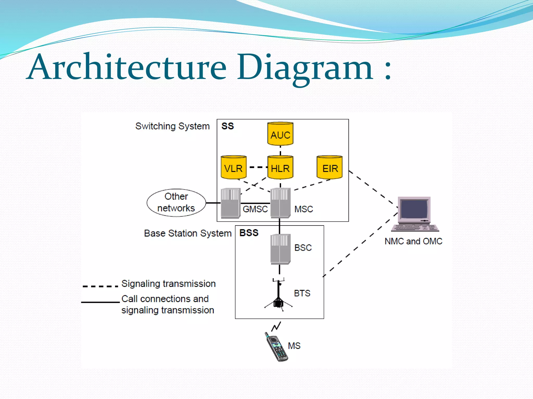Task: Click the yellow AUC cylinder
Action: tap(280, 134)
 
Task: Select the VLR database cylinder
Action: tap(233, 168)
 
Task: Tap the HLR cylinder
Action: tap(280, 168)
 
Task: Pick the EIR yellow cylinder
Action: tap(329, 168)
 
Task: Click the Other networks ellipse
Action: tap(176, 203)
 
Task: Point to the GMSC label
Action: tap(255, 209)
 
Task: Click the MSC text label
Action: tap(303, 209)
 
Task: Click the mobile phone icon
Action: tap(276, 347)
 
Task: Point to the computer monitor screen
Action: tap(414, 209)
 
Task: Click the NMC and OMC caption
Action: tap(413, 241)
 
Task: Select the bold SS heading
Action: tap(227, 126)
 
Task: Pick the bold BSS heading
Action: tap(249, 233)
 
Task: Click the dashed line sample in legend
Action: tap(100, 286)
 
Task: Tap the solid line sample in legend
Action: tap(100, 302)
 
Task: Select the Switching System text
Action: tap(172, 126)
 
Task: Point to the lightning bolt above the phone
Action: tap(276, 326)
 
